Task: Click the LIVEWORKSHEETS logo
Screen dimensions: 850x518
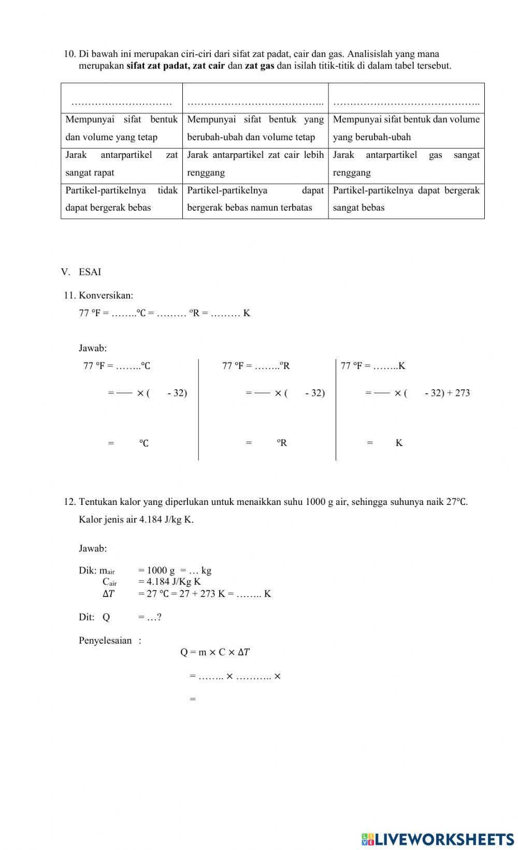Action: pos(438,839)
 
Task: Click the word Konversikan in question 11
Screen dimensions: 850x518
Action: pos(106,295)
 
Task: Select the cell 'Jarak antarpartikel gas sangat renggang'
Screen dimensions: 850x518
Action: pos(406,163)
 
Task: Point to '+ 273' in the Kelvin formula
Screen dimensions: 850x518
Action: pos(458,393)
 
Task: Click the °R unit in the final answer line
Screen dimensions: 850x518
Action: pos(281,443)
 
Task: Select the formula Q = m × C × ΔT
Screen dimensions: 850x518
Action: pos(214,652)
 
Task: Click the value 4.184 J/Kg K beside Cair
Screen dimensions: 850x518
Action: pos(169,581)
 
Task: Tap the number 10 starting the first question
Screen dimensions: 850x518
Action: pos(69,54)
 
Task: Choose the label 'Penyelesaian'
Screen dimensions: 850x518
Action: pos(105,640)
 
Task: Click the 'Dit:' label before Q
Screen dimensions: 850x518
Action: pos(87,617)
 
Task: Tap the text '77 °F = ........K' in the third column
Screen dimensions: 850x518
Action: pos(373,366)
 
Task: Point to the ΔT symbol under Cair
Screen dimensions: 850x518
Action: pos(108,594)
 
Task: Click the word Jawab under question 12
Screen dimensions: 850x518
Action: pos(92,548)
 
